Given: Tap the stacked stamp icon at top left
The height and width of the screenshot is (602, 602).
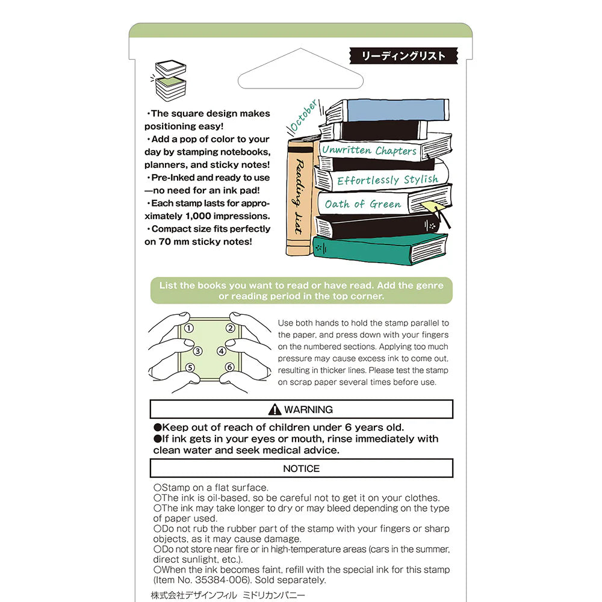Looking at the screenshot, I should (x=170, y=80).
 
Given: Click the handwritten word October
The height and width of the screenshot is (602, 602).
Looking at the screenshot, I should (x=303, y=116).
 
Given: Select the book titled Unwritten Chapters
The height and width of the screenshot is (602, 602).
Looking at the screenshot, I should (x=369, y=150).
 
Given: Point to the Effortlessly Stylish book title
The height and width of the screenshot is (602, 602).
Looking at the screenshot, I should (x=387, y=180).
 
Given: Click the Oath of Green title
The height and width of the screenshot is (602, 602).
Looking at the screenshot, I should (x=362, y=204).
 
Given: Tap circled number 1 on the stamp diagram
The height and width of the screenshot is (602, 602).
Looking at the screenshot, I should (x=188, y=328).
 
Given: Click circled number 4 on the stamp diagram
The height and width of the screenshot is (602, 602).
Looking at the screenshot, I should (x=222, y=351).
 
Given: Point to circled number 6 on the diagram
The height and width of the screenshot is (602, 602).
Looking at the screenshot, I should (x=229, y=367).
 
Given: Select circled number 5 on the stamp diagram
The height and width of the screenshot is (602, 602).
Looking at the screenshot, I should (x=190, y=367).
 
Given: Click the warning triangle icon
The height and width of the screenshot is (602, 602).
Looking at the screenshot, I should (x=275, y=409).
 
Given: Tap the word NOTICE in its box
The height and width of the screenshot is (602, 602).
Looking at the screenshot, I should (x=301, y=468).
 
